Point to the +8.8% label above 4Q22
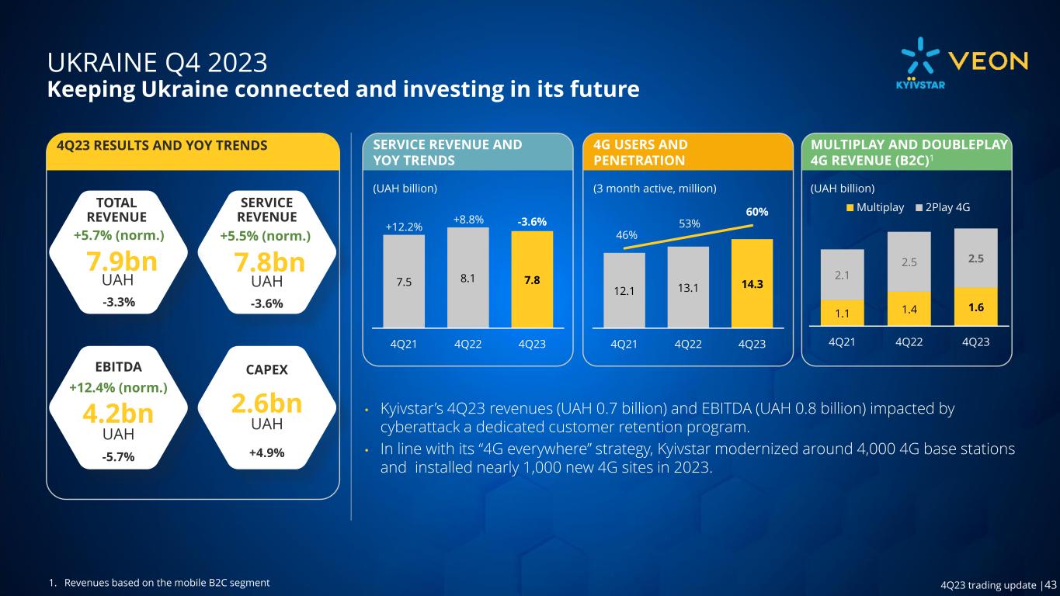[x=467, y=220]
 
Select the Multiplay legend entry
[x=874, y=207]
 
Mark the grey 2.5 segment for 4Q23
[x=975, y=258]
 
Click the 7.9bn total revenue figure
[x=119, y=261]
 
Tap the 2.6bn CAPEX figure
[x=266, y=404]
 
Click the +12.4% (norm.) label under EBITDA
[x=118, y=386]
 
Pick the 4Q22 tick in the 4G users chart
[x=686, y=344]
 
